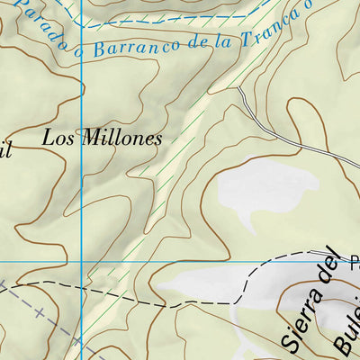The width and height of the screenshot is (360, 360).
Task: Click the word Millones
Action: coord(119,139)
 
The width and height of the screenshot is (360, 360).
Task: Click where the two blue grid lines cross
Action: coord(81,262)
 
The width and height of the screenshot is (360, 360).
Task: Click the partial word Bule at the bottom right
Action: coord(346,333)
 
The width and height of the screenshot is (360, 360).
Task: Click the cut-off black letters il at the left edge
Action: coord(5,150)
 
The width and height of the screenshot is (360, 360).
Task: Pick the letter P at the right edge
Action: coord(355,262)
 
